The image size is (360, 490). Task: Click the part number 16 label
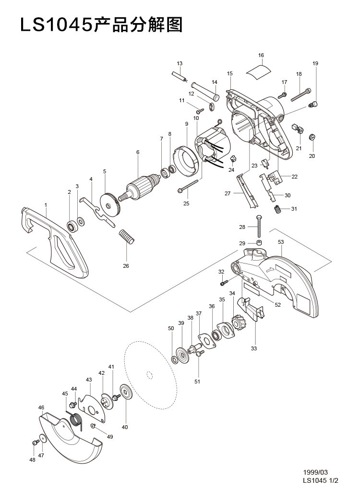coord(261,55)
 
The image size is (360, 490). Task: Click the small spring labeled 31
coord(277,209)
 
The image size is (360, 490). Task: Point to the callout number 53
coord(281,242)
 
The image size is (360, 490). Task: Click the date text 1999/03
coord(315,472)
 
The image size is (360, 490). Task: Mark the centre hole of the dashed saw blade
coord(149,374)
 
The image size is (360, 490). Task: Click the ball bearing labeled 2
coord(72,226)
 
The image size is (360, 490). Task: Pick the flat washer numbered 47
coord(42,439)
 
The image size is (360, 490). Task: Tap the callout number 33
coord(254,348)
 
